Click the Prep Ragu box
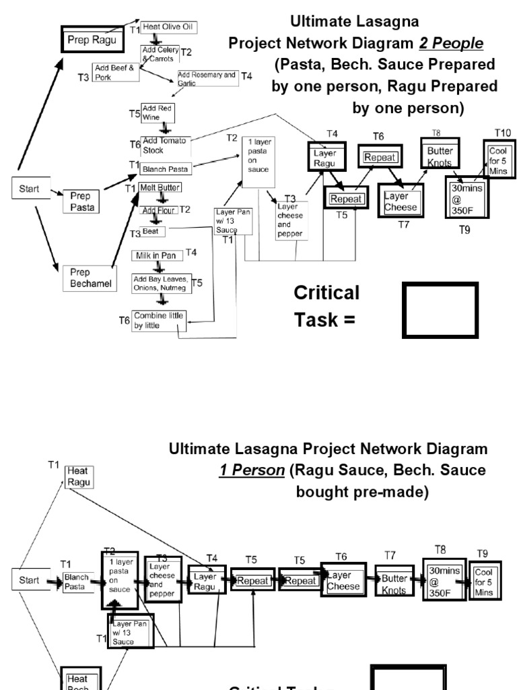point(92,40)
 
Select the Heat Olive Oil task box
point(164,29)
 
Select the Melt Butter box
point(160,187)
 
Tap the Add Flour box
point(158,210)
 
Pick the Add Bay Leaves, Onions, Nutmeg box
point(160,283)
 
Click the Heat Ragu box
point(79,475)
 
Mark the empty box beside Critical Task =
point(440,309)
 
